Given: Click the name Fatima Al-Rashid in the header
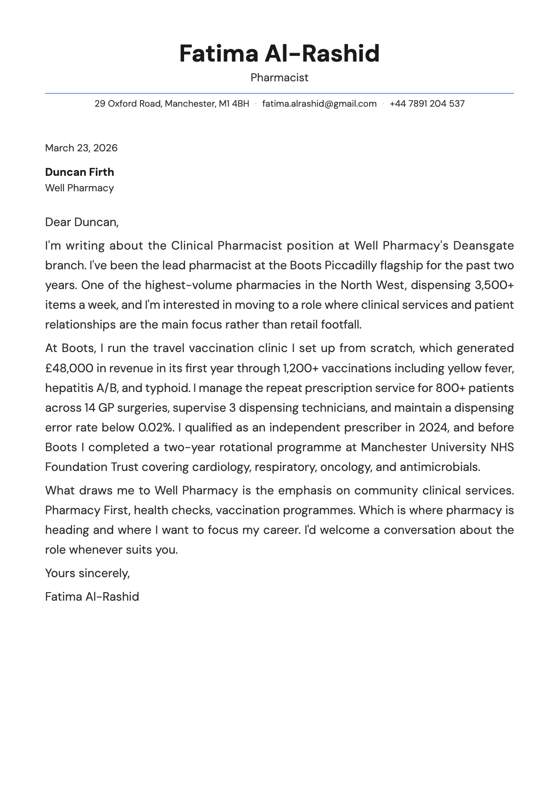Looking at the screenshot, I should pyautogui.click(x=279, y=54).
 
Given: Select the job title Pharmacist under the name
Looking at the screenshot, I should pyautogui.click(x=279, y=78).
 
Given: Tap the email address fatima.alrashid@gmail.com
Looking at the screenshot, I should pyautogui.click(x=319, y=104).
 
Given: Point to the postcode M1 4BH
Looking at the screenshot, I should pyautogui.click(x=234, y=104).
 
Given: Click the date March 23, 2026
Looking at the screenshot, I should pyautogui.click(x=81, y=148).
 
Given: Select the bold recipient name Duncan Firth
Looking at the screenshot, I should pyautogui.click(x=79, y=172).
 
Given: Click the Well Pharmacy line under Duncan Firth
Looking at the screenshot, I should pyautogui.click(x=79, y=188).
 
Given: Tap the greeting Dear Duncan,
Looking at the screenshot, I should pyautogui.click(x=82, y=222).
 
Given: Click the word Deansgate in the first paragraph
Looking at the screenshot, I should pyautogui.click(x=483, y=246).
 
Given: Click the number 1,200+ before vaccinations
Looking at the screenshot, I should pyautogui.click(x=300, y=368).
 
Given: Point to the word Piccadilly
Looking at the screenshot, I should pyautogui.click(x=350, y=266).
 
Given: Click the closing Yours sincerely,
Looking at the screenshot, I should pyautogui.click(x=87, y=573).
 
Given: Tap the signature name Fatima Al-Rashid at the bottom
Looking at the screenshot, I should pyautogui.click(x=92, y=597).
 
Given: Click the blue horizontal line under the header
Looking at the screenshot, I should pyautogui.click(x=279, y=94).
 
